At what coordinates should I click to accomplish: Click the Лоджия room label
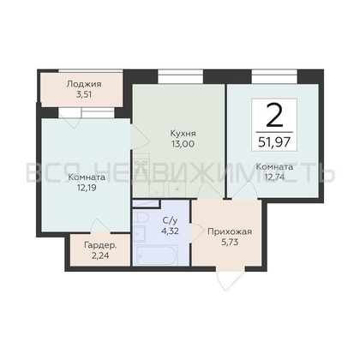pos(84,84)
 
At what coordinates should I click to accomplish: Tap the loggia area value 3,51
pos(84,94)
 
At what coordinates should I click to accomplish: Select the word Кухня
pos(183,134)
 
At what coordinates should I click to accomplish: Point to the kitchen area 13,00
pos(183,144)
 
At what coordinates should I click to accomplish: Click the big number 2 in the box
pos(274,115)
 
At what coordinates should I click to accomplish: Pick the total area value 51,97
pos(274,142)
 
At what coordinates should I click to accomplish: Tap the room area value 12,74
pos(274,177)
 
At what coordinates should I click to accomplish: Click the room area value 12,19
pos(87,188)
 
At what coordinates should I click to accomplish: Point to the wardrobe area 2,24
pos(100,255)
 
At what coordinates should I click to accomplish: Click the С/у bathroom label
pos(170,220)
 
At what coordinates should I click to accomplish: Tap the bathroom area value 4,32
pos(170,231)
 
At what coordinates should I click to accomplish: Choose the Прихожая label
pos(230,231)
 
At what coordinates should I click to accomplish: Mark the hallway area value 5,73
pos(230,242)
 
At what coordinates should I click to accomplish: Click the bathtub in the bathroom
pos(156,255)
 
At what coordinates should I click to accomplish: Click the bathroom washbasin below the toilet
pos(140,234)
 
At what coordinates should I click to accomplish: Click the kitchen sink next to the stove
pos(156,189)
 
